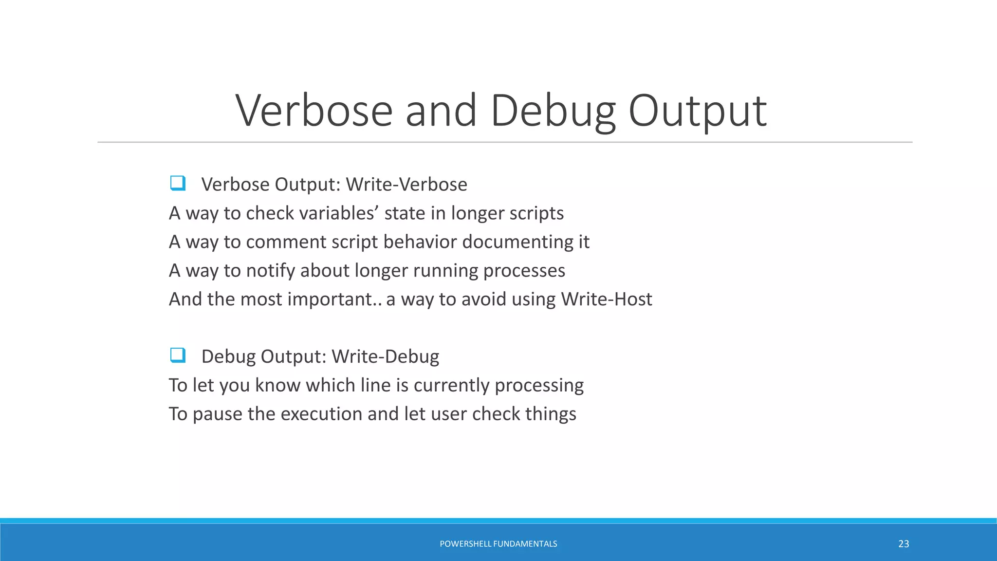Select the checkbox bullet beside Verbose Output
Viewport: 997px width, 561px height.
coord(177,184)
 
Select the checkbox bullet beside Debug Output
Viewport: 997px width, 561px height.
coord(177,355)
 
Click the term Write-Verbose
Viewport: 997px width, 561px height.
coord(406,185)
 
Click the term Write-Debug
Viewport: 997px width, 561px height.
coord(385,356)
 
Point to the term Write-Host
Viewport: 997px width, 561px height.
coord(606,299)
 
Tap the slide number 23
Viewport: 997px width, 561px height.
coord(904,544)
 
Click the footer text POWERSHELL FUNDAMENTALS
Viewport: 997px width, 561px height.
coord(498,544)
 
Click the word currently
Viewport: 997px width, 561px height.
coord(451,386)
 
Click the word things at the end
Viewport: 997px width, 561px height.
coord(550,414)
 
